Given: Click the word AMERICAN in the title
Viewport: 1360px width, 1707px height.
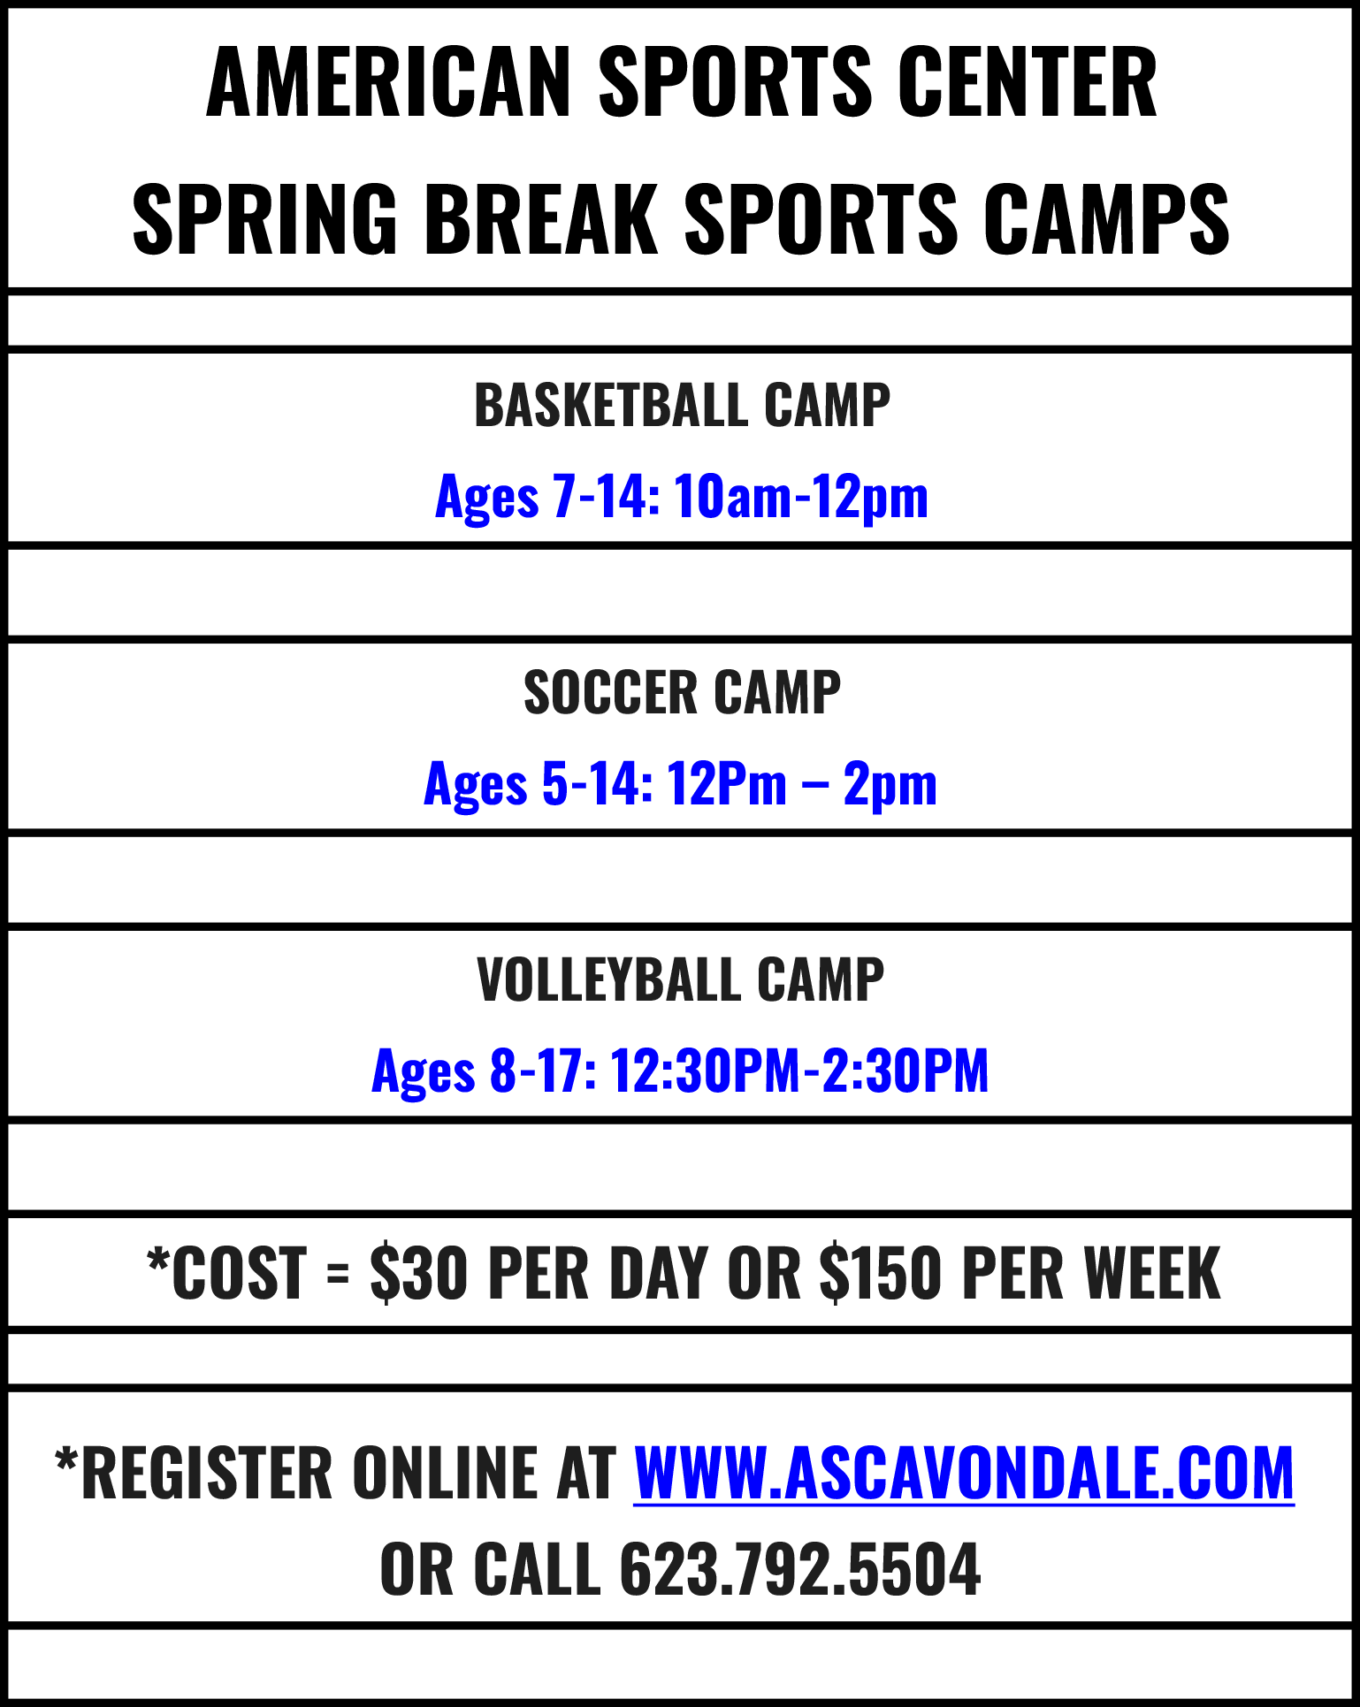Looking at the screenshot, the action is (389, 82).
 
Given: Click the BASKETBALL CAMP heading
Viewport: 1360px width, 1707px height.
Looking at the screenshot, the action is (682, 406).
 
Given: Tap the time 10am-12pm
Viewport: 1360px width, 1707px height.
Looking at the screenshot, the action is (801, 498).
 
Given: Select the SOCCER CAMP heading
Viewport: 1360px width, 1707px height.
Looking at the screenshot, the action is (682, 692).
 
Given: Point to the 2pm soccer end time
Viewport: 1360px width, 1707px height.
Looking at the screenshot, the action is (890, 786).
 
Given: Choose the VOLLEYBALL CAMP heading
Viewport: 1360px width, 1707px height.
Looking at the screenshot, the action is (680, 979).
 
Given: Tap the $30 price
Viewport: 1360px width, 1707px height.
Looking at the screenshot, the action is (418, 1273).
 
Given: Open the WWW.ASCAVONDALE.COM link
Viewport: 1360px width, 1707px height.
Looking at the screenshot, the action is (964, 1474).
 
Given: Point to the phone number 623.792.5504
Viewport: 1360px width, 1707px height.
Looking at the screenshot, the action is (799, 1569).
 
